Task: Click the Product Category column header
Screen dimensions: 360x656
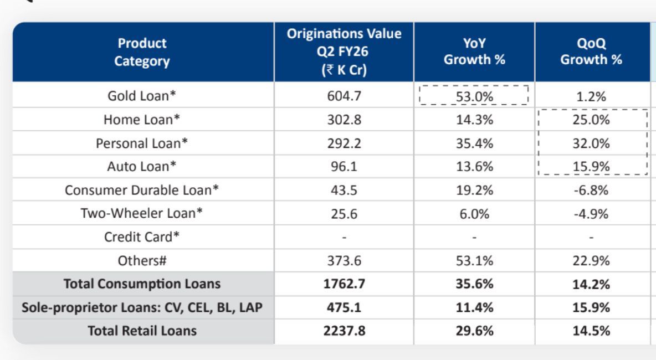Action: tap(142, 52)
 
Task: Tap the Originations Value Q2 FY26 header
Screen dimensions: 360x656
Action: tap(344, 52)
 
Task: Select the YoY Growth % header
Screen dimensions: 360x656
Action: tap(474, 52)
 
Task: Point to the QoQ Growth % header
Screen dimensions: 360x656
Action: tap(591, 52)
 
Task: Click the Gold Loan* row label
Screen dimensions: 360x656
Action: tap(142, 96)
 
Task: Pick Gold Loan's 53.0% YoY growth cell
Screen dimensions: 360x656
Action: tap(474, 96)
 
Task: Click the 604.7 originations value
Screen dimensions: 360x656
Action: tap(344, 96)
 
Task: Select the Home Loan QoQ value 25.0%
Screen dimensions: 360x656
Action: tap(591, 120)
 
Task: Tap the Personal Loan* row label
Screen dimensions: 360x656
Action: tap(142, 143)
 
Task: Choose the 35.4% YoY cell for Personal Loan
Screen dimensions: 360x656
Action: tap(474, 143)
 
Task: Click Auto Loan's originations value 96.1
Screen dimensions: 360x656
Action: tap(344, 167)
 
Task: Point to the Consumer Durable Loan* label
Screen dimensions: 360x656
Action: tap(142, 190)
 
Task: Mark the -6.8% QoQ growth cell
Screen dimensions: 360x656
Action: tap(591, 190)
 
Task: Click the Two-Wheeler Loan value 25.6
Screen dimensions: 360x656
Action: tap(344, 213)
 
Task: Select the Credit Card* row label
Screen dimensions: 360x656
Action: tap(142, 237)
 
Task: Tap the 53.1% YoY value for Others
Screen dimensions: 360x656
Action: tap(474, 260)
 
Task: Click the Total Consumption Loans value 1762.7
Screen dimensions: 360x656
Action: tap(344, 284)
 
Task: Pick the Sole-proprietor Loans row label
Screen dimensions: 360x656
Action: tap(142, 307)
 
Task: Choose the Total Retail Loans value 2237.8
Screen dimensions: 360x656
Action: tap(344, 331)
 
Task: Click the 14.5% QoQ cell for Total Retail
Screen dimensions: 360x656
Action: tap(591, 331)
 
